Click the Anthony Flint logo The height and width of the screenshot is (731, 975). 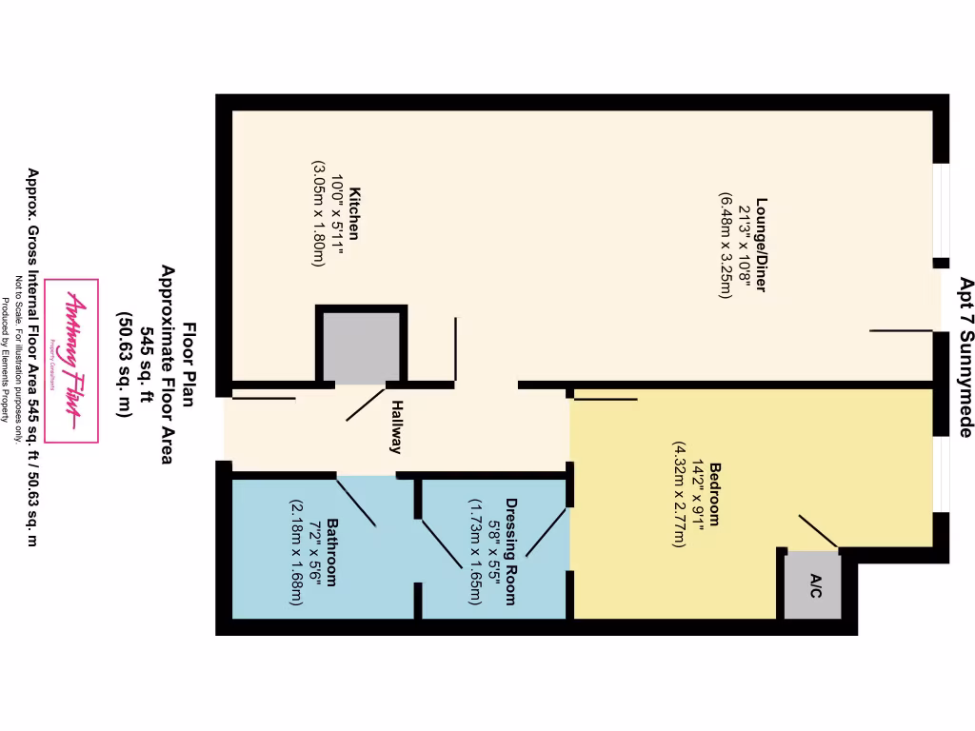[72, 361]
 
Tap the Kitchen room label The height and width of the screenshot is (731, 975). [353, 213]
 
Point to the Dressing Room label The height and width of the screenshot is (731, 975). [510, 551]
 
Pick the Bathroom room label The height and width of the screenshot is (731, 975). [332, 551]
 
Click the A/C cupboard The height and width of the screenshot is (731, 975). [814, 585]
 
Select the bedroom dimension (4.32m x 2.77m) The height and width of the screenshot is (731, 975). [678, 494]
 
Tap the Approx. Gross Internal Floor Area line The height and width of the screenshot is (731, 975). [32, 357]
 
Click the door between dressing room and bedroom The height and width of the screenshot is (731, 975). [547, 531]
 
